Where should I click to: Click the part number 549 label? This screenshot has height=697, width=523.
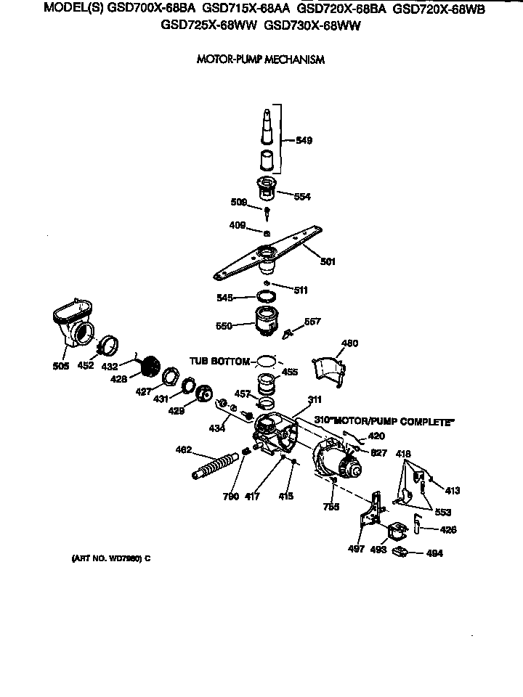pyautogui.click(x=304, y=141)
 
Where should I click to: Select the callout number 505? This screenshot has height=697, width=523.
pyautogui.click(x=60, y=366)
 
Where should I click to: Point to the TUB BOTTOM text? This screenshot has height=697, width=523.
pyautogui.click(x=219, y=360)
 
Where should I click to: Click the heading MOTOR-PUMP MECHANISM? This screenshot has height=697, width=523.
pyautogui.click(x=261, y=60)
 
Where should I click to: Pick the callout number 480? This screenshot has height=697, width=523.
pyautogui.click(x=349, y=343)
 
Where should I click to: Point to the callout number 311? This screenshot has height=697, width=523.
pyautogui.click(x=315, y=400)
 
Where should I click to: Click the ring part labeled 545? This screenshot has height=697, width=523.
pyautogui.click(x=266, y=296)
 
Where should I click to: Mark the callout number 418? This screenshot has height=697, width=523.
pyautogui.click(x=404, y=454)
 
